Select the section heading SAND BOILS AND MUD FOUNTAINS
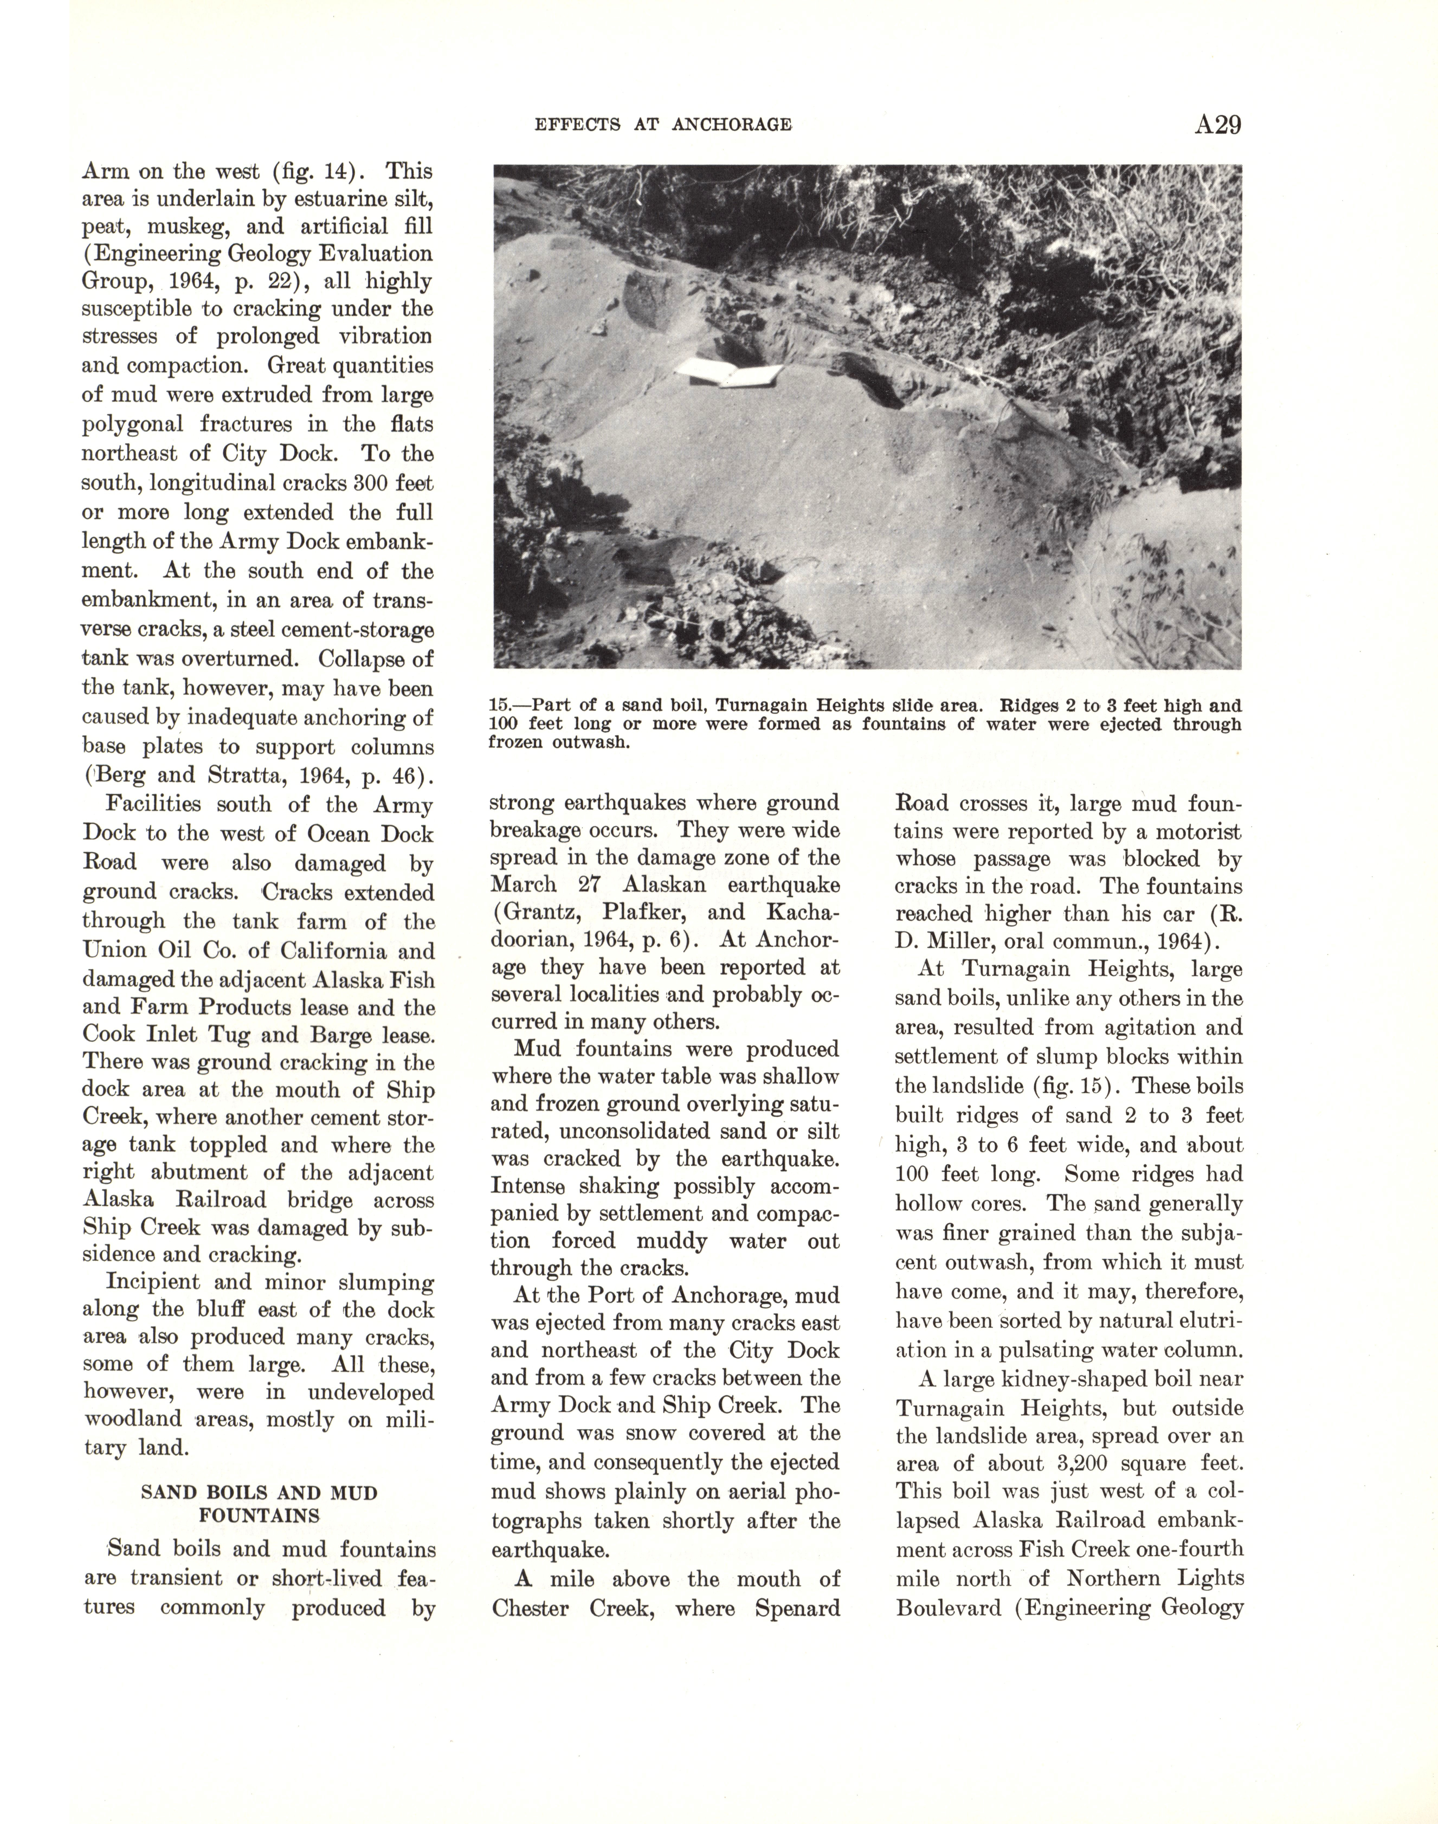259,1504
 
